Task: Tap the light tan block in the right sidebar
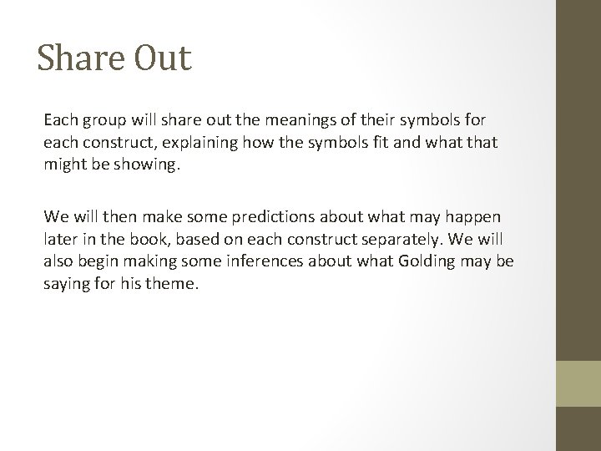click(579, 383)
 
